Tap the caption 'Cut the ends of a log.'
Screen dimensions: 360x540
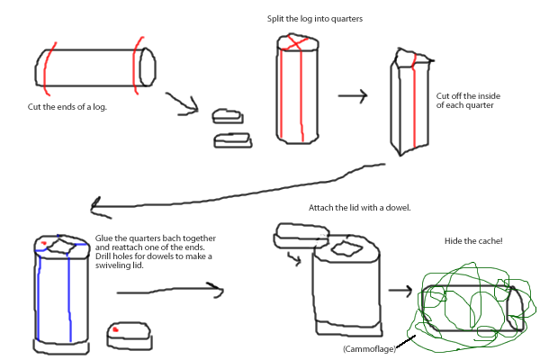point(68,106)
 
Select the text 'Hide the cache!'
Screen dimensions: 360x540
point(474,242)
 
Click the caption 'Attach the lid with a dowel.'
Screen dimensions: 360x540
point(359,208)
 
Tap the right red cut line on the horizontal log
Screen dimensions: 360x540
point(136,63)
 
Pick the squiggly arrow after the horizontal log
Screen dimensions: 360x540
point(184,105)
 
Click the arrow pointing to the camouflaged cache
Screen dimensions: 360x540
point(403,292)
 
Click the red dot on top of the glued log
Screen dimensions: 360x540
point(42,243)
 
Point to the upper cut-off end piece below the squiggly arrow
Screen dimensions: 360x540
point(227,116)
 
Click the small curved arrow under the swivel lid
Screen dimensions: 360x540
point(294,260)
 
